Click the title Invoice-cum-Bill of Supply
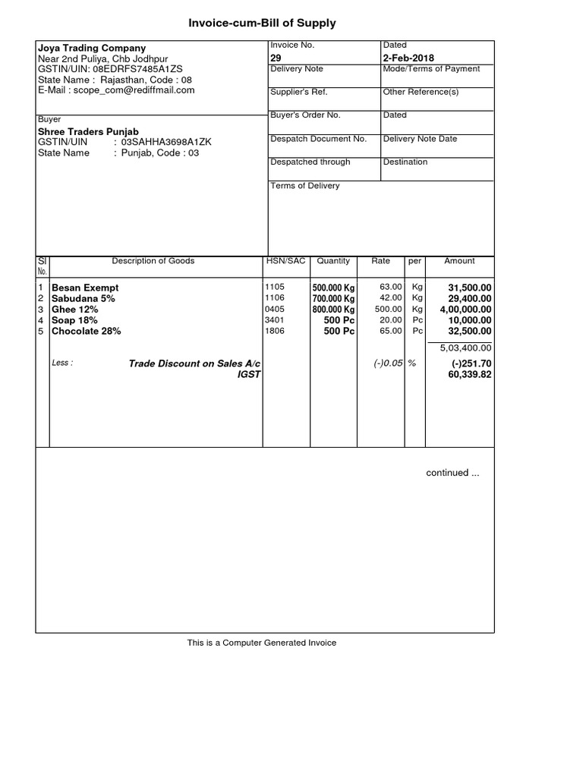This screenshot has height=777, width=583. pyautogui.click(x=262, y=24)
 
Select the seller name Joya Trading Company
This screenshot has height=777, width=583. pyautogui.click(x=91, y=48)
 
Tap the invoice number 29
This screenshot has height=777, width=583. pyautogui.click(x=276, y=58)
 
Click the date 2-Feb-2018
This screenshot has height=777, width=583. pyautogui.click(x=409, y=58)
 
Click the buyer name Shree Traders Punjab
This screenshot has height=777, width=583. pyautogui.click(x=88, y=131)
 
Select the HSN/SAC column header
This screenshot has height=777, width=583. pyautogui.click(x=285, y=261)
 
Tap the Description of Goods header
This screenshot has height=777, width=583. pyautogui.click(x=153, y=261)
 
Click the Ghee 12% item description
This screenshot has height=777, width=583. pyautogui.click(x=74, y=310)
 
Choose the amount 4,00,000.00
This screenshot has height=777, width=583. pyautogui.click(x=465, y=310)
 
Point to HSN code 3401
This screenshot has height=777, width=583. pyautogui.click(x=274, y=320)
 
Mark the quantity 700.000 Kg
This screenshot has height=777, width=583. pyautogui.click(x=333, y=299)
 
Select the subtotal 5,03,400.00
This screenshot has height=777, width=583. pyautogui.click(x=465, y=348)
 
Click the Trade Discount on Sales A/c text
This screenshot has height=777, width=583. pyautogui.click(x=194, y=363)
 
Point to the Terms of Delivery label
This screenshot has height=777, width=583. pyautogui.click(x=305, y=186)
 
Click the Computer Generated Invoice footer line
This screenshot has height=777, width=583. pyautogui.click(x=262, y=643)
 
